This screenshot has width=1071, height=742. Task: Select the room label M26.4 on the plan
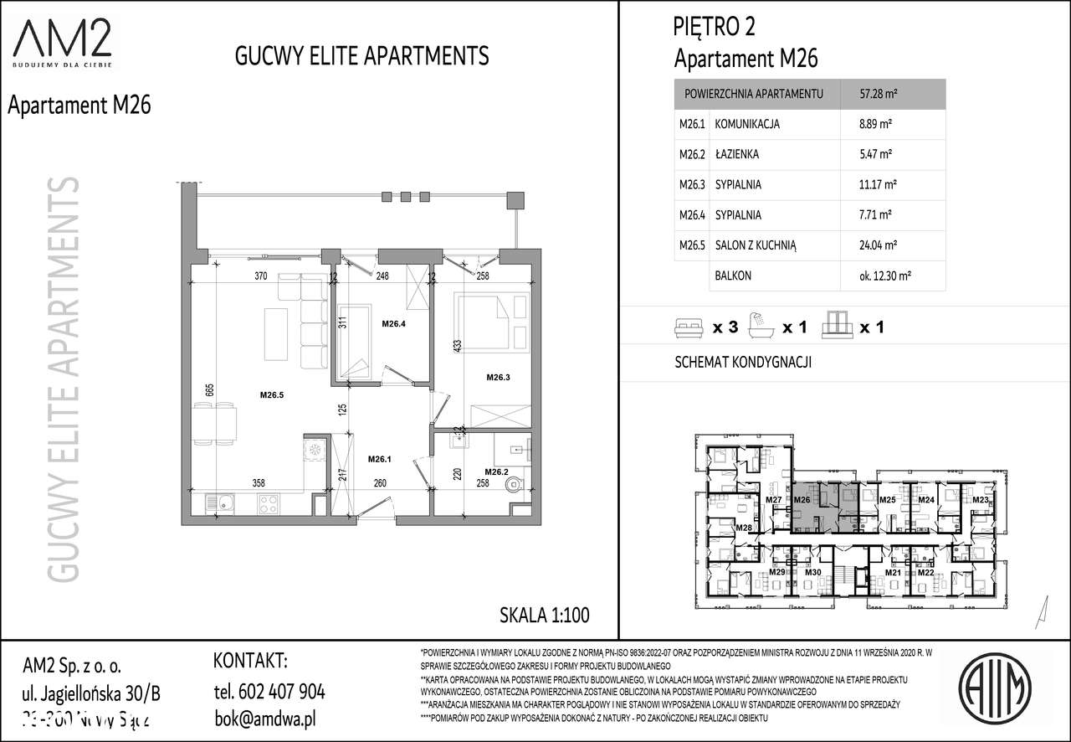[393, 323]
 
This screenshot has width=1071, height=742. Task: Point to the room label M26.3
[499, 378]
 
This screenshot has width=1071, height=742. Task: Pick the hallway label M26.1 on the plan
[381, 458]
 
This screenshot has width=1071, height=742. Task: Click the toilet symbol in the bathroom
[518, 483]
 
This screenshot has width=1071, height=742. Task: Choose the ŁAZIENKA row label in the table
[737, 154]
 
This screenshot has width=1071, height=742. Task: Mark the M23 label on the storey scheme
[980, 500]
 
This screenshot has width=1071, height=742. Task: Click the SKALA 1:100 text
[544, 616]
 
